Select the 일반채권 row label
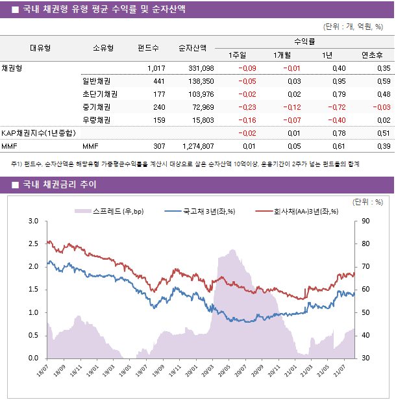point(95,81)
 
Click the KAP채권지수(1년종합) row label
point(38,133)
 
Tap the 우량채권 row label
point(95,120)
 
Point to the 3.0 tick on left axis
point(33,221)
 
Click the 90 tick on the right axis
point(365,221)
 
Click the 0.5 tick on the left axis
point(33,335)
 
